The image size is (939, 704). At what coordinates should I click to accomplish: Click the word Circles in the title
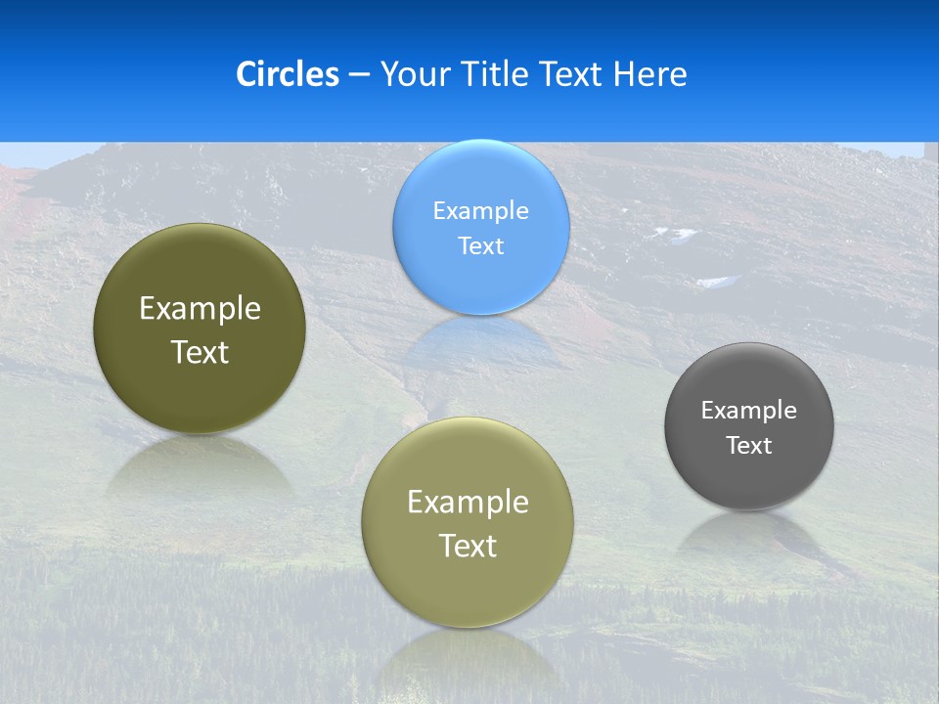click(x=288, y=74)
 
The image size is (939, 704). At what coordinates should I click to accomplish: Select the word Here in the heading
click(x=650, y=74)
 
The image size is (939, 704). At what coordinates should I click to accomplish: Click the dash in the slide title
click(x=359, y=75)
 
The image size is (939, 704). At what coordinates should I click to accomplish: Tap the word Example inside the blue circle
click(x=481, y=211)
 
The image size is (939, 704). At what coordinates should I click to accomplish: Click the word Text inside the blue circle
click(x=481, y=246)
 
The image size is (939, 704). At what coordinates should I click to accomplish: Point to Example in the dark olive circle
click(x=200, y=309)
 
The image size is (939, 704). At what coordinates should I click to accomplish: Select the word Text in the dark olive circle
click(x=200, y=352)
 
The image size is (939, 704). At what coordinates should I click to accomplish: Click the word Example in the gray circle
click(x=749, y=411)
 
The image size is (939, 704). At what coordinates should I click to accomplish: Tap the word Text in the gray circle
click(x=749, y=446)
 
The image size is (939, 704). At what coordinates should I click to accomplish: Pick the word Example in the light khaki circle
click(x=468, y=503)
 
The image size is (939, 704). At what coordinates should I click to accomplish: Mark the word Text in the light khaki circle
click(x=468, y=546)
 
